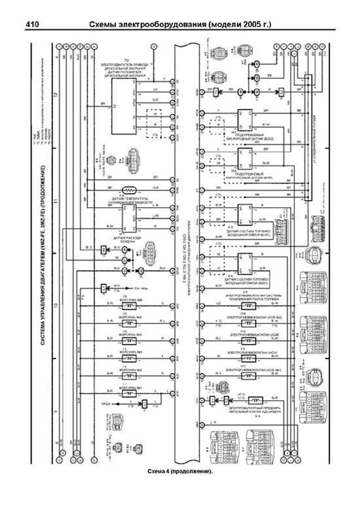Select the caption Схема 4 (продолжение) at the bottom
(x=180, y=471)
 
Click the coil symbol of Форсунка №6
(x=129, y=306)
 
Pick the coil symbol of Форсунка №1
(x=129, y=393)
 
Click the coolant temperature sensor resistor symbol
(x=129, y=190)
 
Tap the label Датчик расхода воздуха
(x=127, y=239)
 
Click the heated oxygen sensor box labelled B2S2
(x=245, y=120)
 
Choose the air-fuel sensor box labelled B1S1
(x=245, y=215)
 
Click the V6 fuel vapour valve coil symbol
(x=249, y=306)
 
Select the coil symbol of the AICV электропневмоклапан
(x=249, y=358)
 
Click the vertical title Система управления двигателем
(x=43, y=255)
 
